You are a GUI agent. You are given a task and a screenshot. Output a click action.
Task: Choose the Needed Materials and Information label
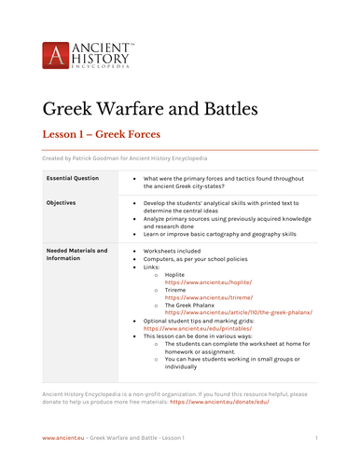(76, 254)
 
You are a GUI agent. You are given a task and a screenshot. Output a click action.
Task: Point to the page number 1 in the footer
(316, 437)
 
